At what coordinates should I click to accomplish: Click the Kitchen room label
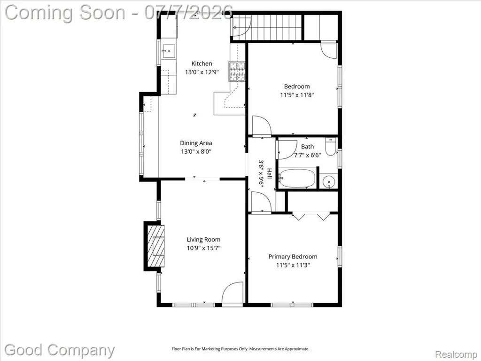[x=202, y=63]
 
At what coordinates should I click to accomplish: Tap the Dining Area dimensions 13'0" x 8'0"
[x=196, y=151]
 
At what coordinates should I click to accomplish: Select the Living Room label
[x=203, y=240]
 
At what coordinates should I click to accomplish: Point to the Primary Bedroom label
[x=293, y=257]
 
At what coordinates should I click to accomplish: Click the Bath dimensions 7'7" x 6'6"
[x=307, y=155]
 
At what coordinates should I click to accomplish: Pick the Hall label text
[x=269, y=173]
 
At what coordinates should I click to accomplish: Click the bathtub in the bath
[x=297, y=178]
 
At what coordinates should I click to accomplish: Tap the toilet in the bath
[x=331, y=147]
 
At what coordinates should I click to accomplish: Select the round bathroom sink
[x=328, y=181]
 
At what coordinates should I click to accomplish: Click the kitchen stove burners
[x=237, y=71]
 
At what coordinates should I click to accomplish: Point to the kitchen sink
[x=169, y=51]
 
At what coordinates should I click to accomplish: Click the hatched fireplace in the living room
[x=156, y=246]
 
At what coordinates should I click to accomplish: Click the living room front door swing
[x=233, y=293]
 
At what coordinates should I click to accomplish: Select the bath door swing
[x=287, y=149]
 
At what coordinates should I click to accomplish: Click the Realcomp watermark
[x=456, y=354]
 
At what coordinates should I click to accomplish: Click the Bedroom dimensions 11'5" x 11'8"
[x=297, y=95]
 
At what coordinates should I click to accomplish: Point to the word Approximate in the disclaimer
[x=297, y=349]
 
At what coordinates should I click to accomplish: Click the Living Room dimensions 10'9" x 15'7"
[x=204, y=248]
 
